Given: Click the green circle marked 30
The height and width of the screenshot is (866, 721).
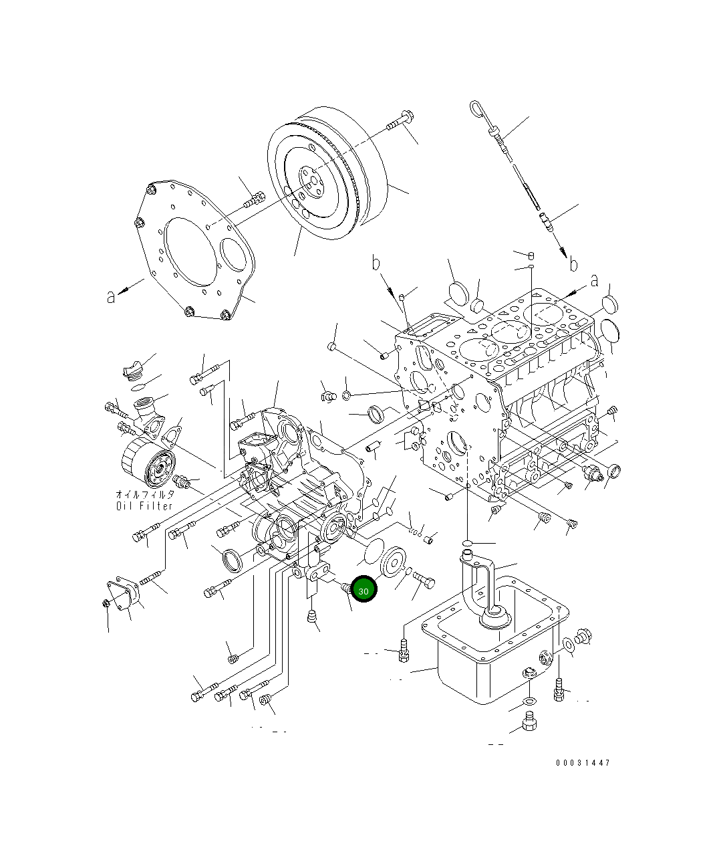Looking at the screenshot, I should (364, 590).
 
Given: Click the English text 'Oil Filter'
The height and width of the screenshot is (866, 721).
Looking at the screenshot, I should (144, 506).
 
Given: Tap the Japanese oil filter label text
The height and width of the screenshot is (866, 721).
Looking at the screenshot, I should (144, 494).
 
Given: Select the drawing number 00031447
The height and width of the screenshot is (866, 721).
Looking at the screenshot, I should (582, 762).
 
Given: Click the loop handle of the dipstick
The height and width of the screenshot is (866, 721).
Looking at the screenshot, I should (477, 108).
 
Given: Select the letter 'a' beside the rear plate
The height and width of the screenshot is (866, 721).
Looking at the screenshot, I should (111, 296).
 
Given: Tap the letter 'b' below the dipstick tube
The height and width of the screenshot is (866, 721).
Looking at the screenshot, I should (573, 265).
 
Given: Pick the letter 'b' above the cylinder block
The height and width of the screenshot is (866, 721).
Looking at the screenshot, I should (376, 263).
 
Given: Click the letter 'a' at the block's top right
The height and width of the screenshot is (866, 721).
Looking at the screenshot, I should (594, 281).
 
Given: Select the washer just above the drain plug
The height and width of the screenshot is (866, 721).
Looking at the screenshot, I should (528, 701).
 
